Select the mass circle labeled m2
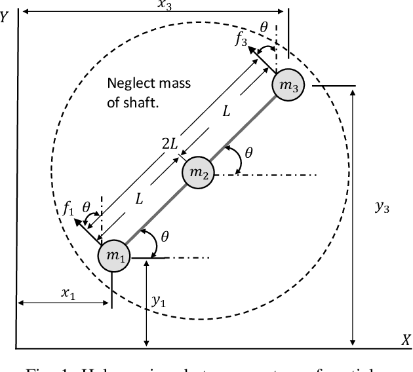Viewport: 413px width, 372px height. coord(198,172)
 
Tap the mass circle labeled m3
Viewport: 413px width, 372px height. coord(289,86)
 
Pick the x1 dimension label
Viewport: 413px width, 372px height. coord(69,293)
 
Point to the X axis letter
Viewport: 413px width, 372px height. coord(406,340)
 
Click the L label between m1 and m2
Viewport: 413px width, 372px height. coord(138,200)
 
